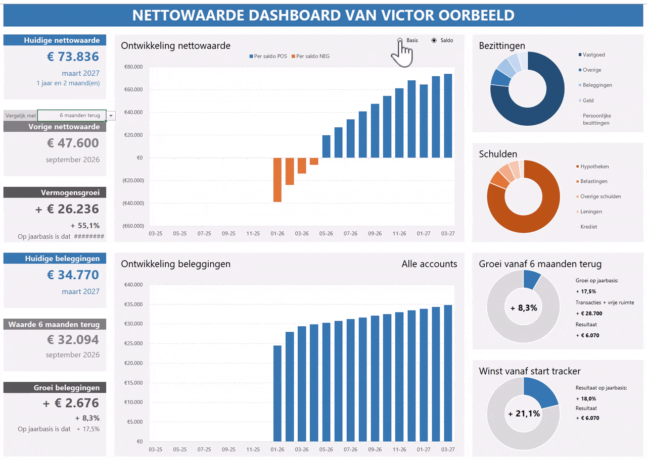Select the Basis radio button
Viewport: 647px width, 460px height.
(400, 40)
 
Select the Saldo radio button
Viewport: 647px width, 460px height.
(434, 40)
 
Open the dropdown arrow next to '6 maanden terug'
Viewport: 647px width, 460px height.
(111, 116)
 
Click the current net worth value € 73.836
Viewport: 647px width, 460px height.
(73, 57)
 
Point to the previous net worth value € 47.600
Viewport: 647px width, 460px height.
(73, 143)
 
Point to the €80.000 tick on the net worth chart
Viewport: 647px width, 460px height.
(133, 67)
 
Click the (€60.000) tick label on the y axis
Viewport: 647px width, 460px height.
(132, 226)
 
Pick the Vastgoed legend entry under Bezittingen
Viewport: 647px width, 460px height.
(593, 55)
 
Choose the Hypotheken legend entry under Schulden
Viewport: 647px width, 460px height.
(594, 166)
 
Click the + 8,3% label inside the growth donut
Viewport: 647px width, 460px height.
(523, 308)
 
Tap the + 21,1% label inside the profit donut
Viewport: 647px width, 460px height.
(523, 414)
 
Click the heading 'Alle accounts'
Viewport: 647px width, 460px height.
(429, 264)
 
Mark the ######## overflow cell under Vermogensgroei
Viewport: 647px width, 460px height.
(89, 236)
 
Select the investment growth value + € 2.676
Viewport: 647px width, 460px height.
(71, 403)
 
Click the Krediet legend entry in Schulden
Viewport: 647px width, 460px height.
(588, 227)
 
